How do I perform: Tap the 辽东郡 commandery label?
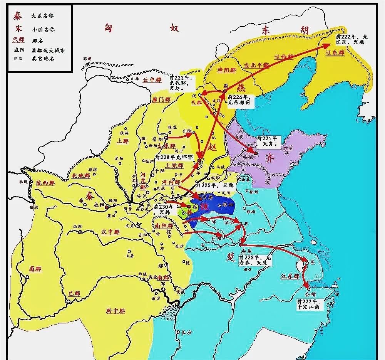(x=335, y=53)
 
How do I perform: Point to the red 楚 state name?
(x=228, y=255)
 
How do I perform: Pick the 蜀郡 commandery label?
(x=35, y=269)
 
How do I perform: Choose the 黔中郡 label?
(x=115, y=311)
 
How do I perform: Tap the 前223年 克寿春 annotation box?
(x=255, y=260)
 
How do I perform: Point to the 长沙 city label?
(x=186, y=332)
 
